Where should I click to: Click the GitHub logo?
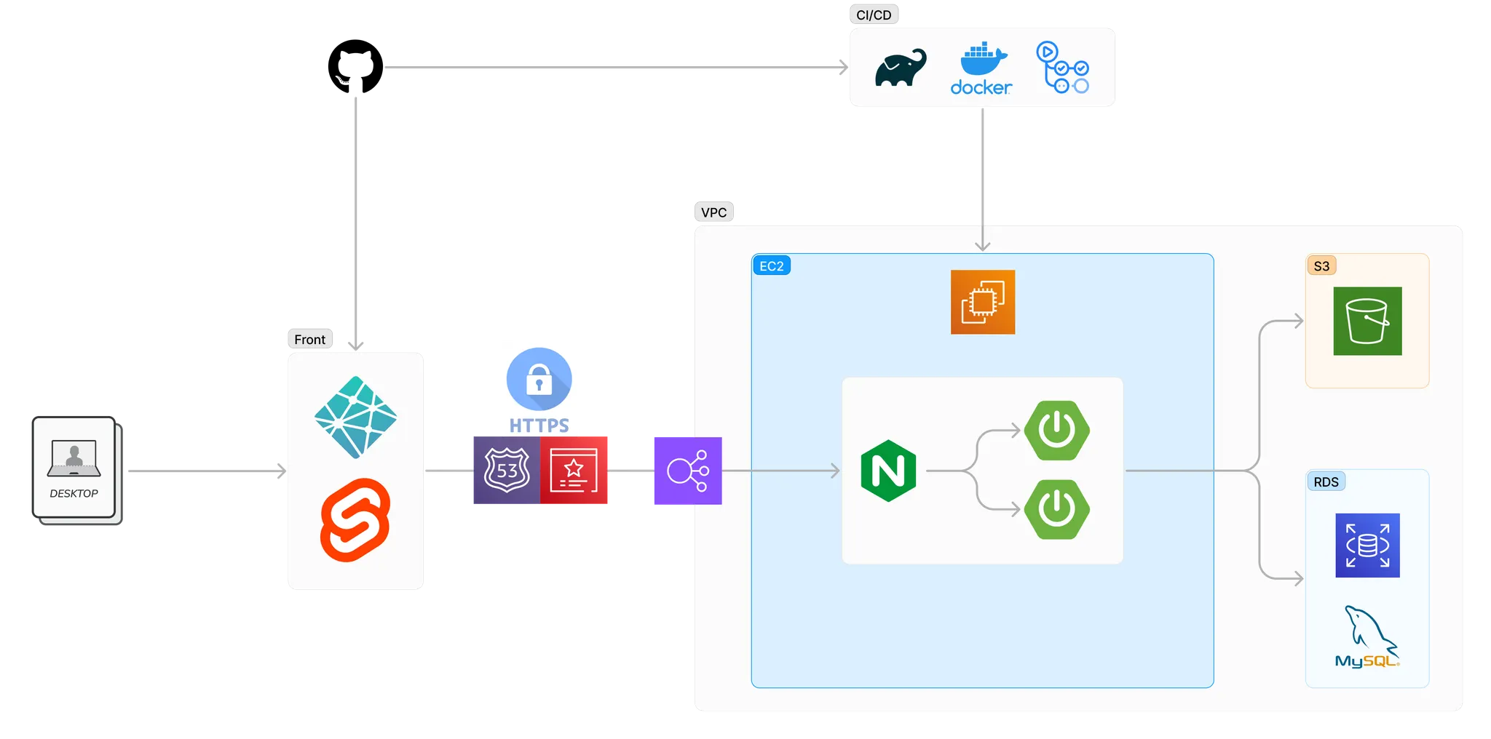click(x=355, y=66)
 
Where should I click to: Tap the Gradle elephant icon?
click(x=901, y=68)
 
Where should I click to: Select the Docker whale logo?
click(x=981, y=68)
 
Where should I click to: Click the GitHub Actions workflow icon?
click(x=1062, y=67)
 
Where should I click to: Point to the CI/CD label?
click(x=874, y=15)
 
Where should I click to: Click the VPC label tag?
click(x=713, y=212)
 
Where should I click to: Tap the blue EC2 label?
click(x=772, y=266)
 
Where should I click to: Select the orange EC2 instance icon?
click(x=983, y=302)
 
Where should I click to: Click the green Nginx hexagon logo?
click(x=888, y=471)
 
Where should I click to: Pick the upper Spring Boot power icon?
click(x=1057, y=431)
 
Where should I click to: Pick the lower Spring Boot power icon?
click(x=1057, y=509)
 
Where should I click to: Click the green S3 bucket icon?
click(x=1367, y=321)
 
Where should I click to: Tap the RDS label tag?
click(x=1326, y=482)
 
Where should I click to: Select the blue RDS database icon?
click(x=1367, y=546)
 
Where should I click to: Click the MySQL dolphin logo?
click(x=1367, y=636)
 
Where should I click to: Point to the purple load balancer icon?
click(x=688, y=471)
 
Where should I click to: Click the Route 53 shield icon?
click(x=507, y=471)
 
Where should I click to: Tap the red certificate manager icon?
click(x=574, y=471)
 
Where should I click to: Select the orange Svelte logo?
click(x=355, y=520)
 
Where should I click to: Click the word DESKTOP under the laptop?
click(x=74, y=493)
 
